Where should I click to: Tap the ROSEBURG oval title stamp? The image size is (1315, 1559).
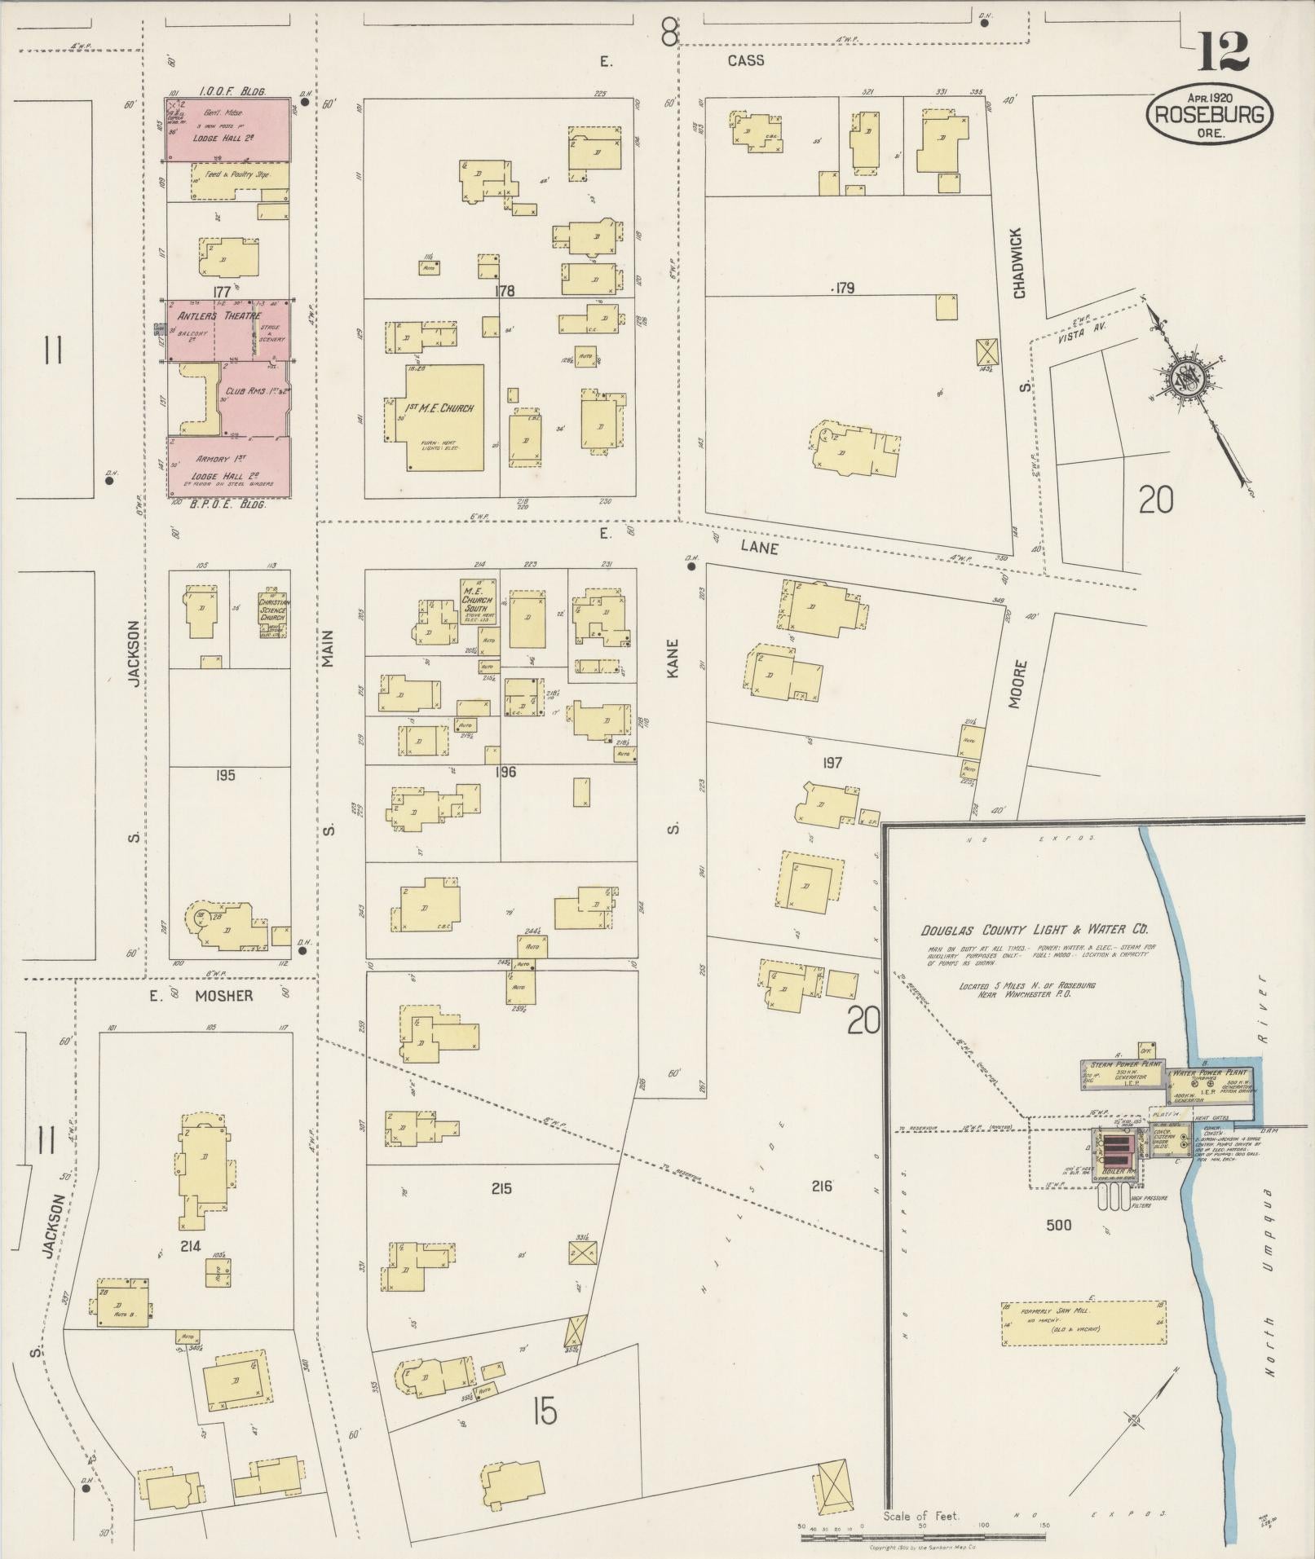pyautogui.click(x=1209, y=115)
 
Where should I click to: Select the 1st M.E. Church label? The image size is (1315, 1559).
pyautogui.click(x=441, y=407)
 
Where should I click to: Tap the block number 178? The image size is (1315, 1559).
pyautogui.click(x=505, y=290)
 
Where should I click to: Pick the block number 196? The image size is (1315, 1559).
pyautogui.click(x=505, y=771)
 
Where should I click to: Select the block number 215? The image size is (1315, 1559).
pyautogui.click(x=501, y=1189)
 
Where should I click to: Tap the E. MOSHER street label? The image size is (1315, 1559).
pyautogui.click(x=212, y=995)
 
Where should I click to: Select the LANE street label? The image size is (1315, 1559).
pyautogui.click(x=758, y=548)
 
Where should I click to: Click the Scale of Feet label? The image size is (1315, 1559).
pyautogui.click(x=921, y=1516)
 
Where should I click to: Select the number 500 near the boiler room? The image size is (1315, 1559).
pyautogui.click(x=1058, y=1225)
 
